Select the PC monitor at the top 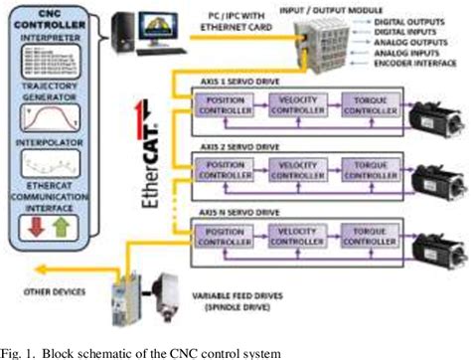coord(145,29)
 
